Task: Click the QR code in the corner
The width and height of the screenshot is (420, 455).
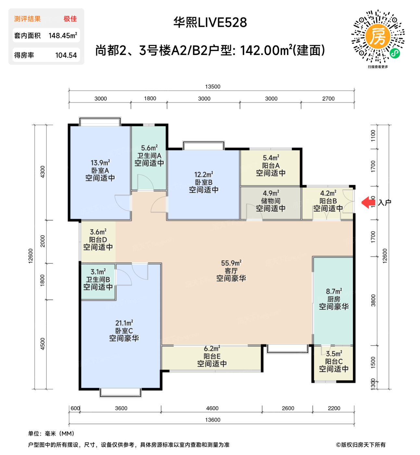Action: (378, 36)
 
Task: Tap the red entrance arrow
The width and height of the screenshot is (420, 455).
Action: (368, 202)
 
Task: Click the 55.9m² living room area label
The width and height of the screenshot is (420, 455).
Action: (231, 263)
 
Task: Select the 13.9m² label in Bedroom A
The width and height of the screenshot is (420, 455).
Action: (100, 162)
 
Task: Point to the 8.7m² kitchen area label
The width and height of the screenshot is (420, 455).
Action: (334, 291)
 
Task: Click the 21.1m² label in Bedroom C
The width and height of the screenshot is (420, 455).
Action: (124, 323)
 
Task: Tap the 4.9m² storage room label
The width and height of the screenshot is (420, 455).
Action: (271, 193)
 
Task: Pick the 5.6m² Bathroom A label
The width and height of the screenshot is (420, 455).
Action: (149, 148)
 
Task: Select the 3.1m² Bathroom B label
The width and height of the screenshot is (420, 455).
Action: (98, 271)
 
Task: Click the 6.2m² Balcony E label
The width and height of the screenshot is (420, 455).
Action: (212, 348)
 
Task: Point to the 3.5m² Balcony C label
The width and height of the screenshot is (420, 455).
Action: (334, 354)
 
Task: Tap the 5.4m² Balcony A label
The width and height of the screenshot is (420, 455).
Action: (271, 158)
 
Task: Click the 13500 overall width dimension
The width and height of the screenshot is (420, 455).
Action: (212, 86)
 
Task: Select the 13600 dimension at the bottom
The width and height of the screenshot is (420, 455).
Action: (212, 420)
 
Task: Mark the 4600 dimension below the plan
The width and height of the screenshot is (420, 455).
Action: (212, 408)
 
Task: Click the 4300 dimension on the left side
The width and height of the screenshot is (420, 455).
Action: (43, 172)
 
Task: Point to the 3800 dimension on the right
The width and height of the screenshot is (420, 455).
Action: (373, 300)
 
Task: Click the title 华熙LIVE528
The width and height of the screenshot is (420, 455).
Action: (210, 22)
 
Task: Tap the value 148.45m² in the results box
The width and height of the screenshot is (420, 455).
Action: (63, 35)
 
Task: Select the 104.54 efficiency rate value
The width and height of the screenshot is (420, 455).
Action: (66, 55)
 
